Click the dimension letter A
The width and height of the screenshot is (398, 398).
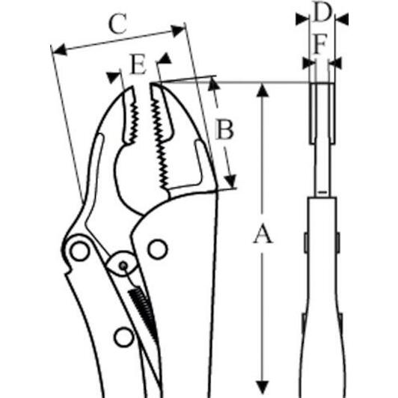click(x=263, y=233)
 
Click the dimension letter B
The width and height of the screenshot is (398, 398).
click(x=224, y=130)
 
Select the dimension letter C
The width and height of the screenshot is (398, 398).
click(x=117, y=24)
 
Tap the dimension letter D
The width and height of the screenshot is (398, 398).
click(x=322, y=11)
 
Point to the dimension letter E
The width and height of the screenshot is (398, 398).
click(x=138, y=64)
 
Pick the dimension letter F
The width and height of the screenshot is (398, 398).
click(x=320, y=45)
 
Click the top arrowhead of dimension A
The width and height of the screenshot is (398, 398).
click(x=263, y=91)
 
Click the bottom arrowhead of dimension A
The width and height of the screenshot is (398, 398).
click(x=263, y=388)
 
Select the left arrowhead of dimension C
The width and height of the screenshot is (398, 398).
click(x=60, y=49)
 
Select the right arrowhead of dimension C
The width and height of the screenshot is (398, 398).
click(x=178, y=31)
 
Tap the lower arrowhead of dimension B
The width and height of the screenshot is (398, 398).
click(x=230, y=181)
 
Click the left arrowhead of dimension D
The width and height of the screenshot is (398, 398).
click(x=302, y=19)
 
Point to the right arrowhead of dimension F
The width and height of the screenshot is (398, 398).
click(x=336, y=63)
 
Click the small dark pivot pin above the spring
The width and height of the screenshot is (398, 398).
click(x=123, y=266)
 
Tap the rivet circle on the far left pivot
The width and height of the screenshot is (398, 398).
click(x=80, y=251)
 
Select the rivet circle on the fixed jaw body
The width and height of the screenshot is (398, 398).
click(x=158, y=249)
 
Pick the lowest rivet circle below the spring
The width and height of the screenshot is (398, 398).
click(x=124, y=337)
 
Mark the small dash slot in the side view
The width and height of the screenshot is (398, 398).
click(x=322, y=192)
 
